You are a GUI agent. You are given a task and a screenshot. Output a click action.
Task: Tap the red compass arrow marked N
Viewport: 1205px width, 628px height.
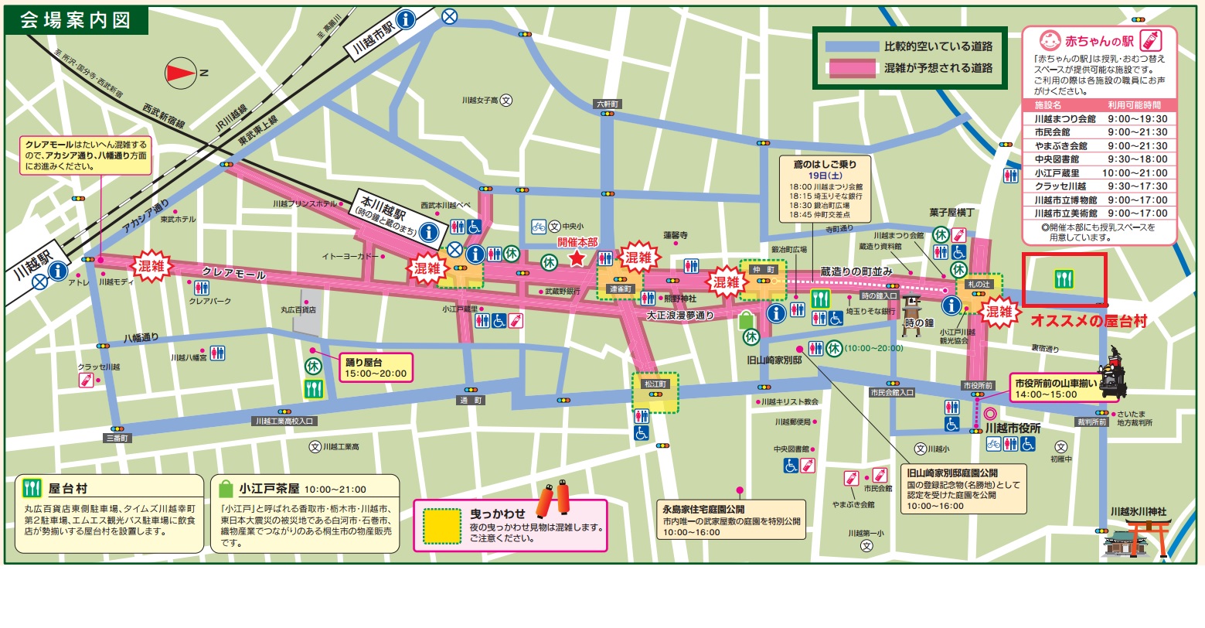(x=182, y=73)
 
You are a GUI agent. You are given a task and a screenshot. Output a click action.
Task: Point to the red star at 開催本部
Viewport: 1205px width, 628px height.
(x=577, y=258)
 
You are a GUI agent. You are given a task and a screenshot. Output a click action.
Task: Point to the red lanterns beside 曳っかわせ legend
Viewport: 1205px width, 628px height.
(x=553, y=500)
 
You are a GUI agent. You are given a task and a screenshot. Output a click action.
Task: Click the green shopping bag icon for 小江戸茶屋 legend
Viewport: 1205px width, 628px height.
(x=226, y=489)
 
